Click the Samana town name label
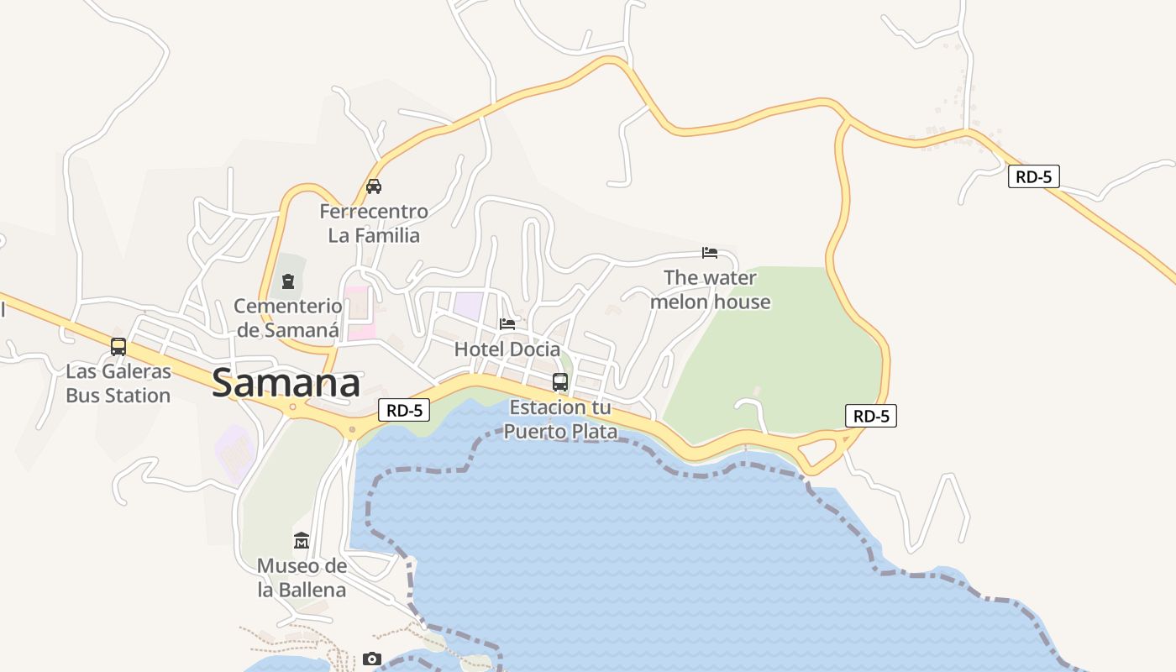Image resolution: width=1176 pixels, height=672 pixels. (x=286, y=383)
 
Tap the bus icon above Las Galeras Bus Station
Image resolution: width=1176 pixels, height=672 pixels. (x=118, y=346)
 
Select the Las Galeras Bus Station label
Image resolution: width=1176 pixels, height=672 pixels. (x=118, y=383)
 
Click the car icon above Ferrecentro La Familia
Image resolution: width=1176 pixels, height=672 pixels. (x=374, y=186)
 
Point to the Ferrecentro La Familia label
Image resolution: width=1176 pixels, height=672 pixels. (x=374, y=223)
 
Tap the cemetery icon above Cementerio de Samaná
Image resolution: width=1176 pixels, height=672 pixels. (x=288, y=281)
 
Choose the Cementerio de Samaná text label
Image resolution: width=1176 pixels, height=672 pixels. (x=288, y=318)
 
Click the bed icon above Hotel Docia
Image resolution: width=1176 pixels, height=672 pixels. (x=507, y=323)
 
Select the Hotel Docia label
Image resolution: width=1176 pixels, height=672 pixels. (x=507, y=349)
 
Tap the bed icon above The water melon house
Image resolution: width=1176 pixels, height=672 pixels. (x=710, y=252)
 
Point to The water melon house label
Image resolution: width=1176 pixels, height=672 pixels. (x=710, y=289)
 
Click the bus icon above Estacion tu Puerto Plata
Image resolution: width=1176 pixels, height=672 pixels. (x=560, y=382)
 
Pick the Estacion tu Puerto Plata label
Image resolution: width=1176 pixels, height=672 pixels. (x=561, y=420)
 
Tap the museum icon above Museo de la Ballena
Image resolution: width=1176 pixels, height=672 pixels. (x=302, y=540)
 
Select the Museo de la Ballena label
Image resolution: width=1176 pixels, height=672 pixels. (x=302, y=578)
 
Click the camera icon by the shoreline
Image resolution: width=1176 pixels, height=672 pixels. (x=372, y=659)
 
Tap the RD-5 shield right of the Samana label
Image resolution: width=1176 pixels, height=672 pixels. (x=404, y=410)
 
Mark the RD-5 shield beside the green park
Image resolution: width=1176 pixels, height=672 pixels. (x=871, y=416)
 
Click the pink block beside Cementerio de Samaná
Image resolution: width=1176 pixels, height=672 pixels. (x=360, y=313)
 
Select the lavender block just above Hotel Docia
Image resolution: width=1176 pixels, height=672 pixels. (x=468, y=305)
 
